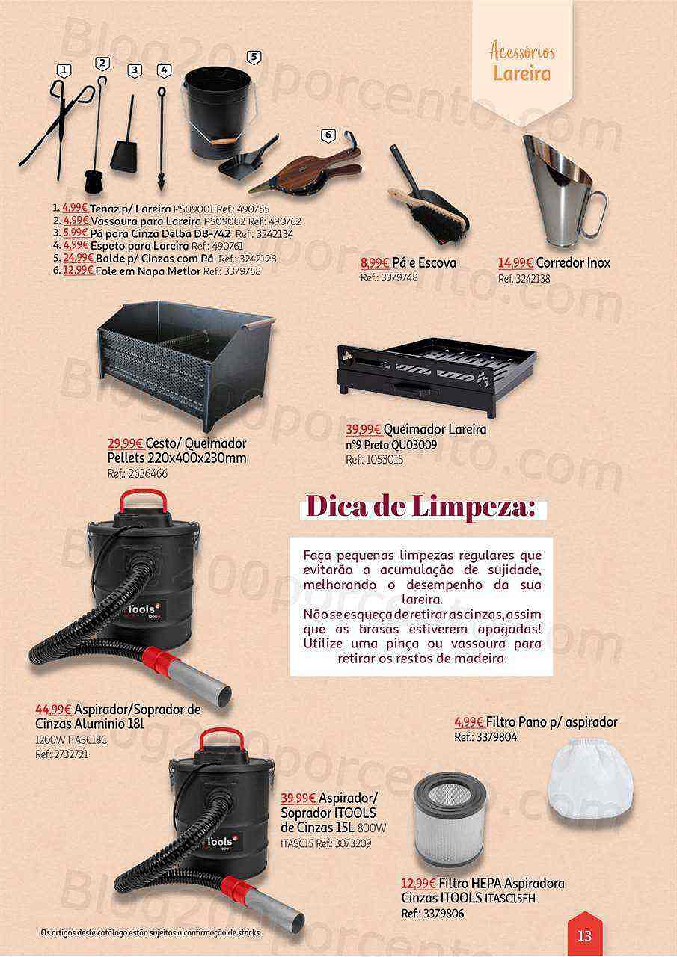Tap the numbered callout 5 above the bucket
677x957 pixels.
pos(254,58)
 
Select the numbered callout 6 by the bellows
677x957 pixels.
pos(328,135)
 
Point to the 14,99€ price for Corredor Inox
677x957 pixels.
pos(515,262)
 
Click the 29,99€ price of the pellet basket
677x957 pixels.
pos(125,443)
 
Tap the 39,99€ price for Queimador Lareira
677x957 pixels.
pos(364,429)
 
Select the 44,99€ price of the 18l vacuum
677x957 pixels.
pos(53,710)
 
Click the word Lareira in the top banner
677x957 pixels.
pos(521,73)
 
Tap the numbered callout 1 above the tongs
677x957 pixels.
pos(64,70)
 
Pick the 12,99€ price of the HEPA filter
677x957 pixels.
pos(419,883)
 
